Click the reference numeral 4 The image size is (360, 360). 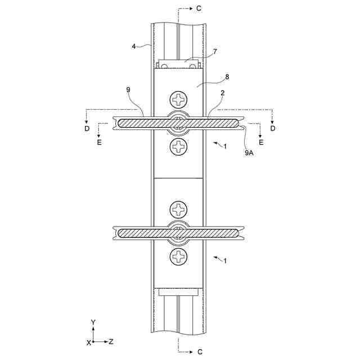pos(134,46)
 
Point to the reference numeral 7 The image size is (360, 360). pos(215,52)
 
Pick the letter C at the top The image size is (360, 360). pos(199,9)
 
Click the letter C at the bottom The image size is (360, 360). pos(199,352)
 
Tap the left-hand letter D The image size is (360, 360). pos(87,129)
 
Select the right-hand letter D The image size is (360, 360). pos(273,129)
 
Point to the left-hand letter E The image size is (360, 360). pos(100,143)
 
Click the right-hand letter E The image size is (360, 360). pos(260,143)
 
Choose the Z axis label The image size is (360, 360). pos(111,341)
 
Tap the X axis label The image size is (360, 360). pos(88,342)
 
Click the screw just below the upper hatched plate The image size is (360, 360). pos(179,147)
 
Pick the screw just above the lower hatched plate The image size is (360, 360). pos(179,210)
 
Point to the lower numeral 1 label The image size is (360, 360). pos(225,261)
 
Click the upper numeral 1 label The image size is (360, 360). pos(225,146)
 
